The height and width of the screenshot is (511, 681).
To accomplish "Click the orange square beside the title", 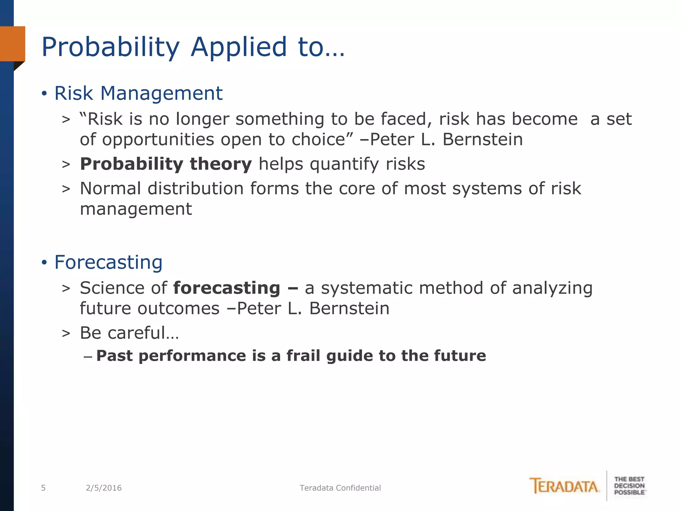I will (13, 44).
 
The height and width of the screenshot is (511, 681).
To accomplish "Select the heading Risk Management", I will (138, 93).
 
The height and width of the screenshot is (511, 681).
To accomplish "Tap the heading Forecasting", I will (108, 262).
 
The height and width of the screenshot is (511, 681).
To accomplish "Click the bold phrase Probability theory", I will (166, 164).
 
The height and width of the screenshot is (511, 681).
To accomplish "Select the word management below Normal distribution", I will (136, 210).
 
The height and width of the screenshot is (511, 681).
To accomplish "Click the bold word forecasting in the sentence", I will (226, 288).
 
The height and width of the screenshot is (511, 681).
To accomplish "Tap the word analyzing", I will (552, 288).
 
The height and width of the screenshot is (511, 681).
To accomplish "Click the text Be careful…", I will (129, 333).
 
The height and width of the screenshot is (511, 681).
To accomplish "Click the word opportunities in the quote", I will (158, 140).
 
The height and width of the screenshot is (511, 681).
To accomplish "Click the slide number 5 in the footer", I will (43, 488).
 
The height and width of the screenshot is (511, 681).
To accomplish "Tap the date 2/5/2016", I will (104, 488).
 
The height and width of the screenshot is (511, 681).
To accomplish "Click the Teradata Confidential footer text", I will (340, 488).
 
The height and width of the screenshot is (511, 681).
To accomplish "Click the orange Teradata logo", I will (564, 486).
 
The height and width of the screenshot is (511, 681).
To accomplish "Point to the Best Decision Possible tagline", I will (629, 486).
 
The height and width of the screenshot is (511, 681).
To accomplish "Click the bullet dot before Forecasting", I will (44, 262).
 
